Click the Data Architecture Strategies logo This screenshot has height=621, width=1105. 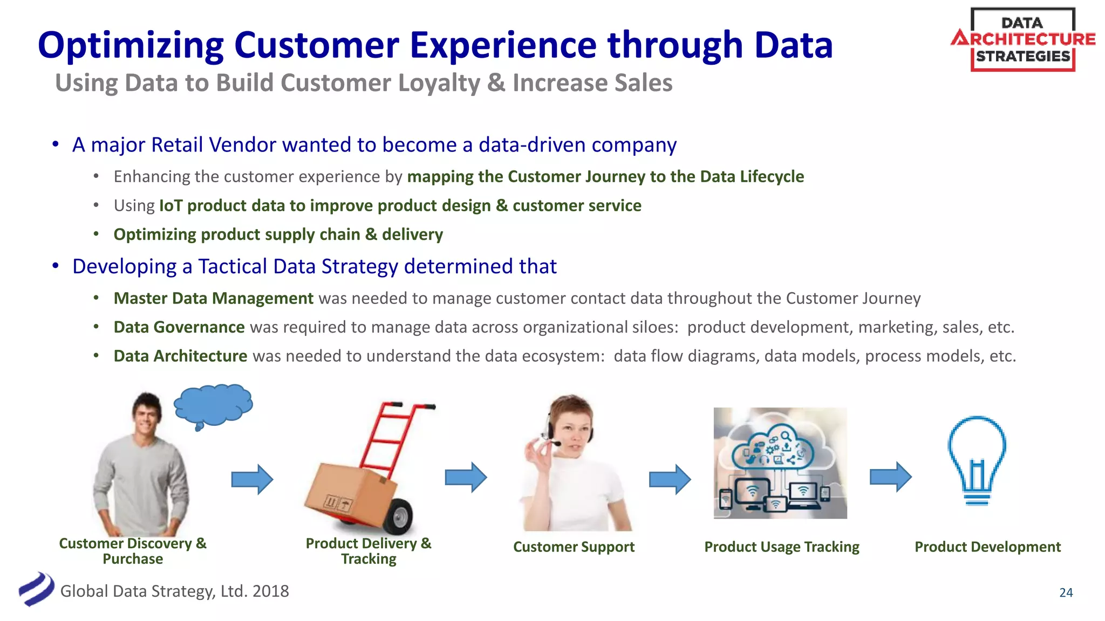coord(1022,40)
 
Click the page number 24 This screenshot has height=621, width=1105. coord(1066,592)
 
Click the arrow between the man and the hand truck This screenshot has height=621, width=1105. coord(252,479)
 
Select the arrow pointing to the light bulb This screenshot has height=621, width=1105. coord(890,477)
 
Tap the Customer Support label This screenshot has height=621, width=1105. coord(574,547)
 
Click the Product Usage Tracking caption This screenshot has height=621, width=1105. coord(781,547)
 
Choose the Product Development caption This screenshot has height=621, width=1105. coord(987,547)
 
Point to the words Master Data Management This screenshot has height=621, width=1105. coord(213,298)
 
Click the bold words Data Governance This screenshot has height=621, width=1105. coord(179,327)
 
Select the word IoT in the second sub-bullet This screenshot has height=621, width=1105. coord(170,205)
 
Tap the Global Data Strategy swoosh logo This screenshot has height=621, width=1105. coord(37,589)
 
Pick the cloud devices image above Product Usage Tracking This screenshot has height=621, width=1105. coord(780,463)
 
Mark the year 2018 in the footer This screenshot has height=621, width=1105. coord(270,591)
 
